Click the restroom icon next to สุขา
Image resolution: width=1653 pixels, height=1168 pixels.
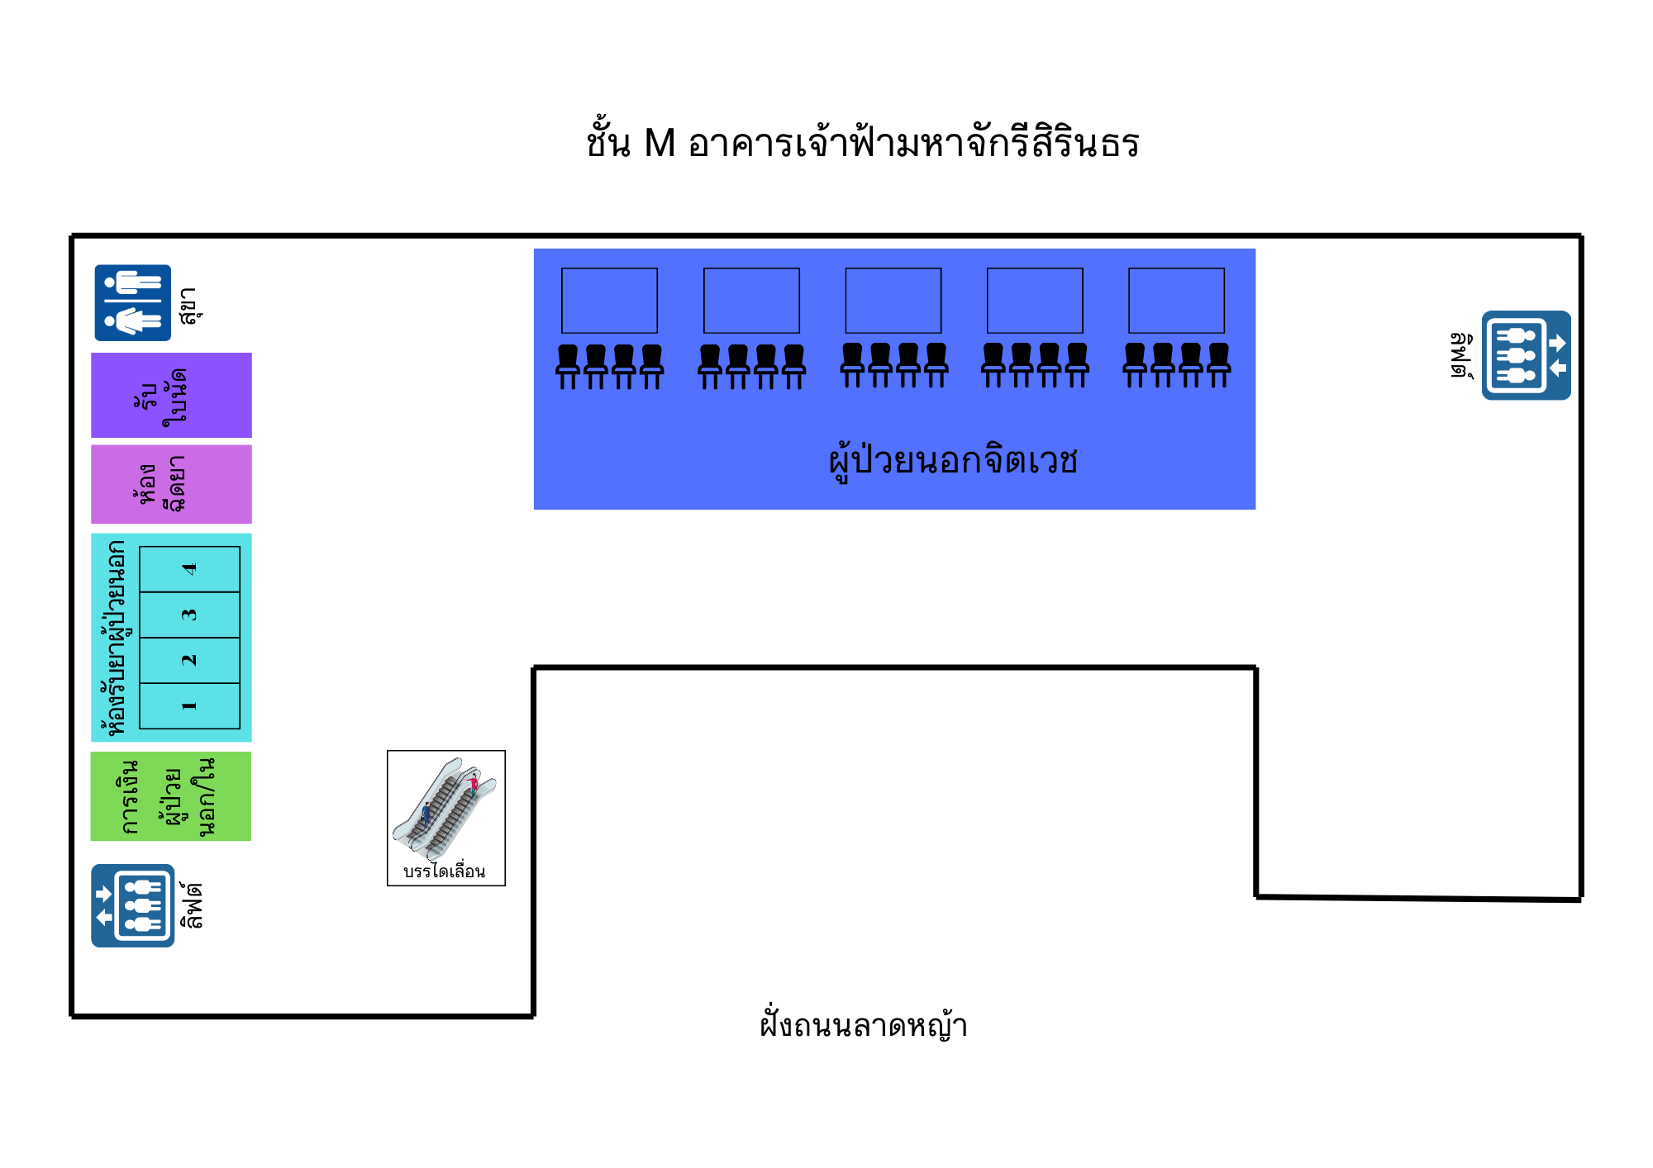tap(132, 302)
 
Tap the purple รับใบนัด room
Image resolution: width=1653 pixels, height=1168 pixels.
tap(171, 395)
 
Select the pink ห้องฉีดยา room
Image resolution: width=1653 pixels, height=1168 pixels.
tap(171, 484)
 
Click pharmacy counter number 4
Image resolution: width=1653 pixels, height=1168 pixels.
tap(189, 569)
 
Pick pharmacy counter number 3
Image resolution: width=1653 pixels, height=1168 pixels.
tap(189, 615)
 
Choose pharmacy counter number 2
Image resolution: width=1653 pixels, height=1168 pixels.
tap(189, 660)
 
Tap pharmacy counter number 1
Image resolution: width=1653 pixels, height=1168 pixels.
tap(189, 705)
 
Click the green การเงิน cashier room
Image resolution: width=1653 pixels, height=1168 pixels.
tap(171, 796)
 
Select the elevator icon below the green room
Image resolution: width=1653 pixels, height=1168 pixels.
tap(132, 905)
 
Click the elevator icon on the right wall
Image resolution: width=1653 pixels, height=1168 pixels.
tap(1526, 355)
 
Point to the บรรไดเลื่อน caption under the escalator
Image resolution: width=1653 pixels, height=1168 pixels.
tap(445, 871)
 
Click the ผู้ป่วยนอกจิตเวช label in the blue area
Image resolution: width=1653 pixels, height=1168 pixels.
tap(953, 459)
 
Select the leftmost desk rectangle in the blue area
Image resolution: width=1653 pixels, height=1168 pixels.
tap(609, 301)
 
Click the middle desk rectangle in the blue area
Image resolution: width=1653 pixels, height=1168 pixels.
tap(893, 301)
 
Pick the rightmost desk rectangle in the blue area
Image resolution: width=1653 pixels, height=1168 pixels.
tap(1176, 301)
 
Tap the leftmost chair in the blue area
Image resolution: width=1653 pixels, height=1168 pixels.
tap(568, 366)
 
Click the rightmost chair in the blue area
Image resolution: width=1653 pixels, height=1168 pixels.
tap(1219, 365)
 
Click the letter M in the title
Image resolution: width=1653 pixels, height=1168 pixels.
tap(660, 144)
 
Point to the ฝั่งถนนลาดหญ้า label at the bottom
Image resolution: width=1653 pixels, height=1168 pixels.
tap(864, 1024)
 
